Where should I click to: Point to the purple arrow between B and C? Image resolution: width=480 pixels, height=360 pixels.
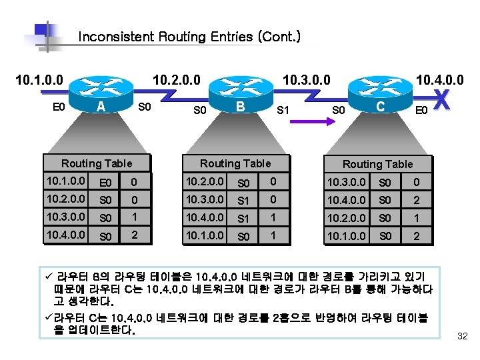309,121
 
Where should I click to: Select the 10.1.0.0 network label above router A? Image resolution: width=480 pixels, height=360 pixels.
39,81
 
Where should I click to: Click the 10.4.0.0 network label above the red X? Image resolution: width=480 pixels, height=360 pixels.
440,81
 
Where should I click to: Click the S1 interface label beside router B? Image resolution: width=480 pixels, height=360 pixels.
283,109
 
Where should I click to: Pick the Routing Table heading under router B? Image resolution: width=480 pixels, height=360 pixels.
235,163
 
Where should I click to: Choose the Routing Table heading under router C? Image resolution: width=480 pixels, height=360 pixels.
377,164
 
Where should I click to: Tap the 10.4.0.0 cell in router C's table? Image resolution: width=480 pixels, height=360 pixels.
347,199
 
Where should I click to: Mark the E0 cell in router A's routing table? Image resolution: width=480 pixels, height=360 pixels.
105,182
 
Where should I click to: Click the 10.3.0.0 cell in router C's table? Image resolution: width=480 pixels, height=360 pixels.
347,181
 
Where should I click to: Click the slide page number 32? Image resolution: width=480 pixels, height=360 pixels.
462,337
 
